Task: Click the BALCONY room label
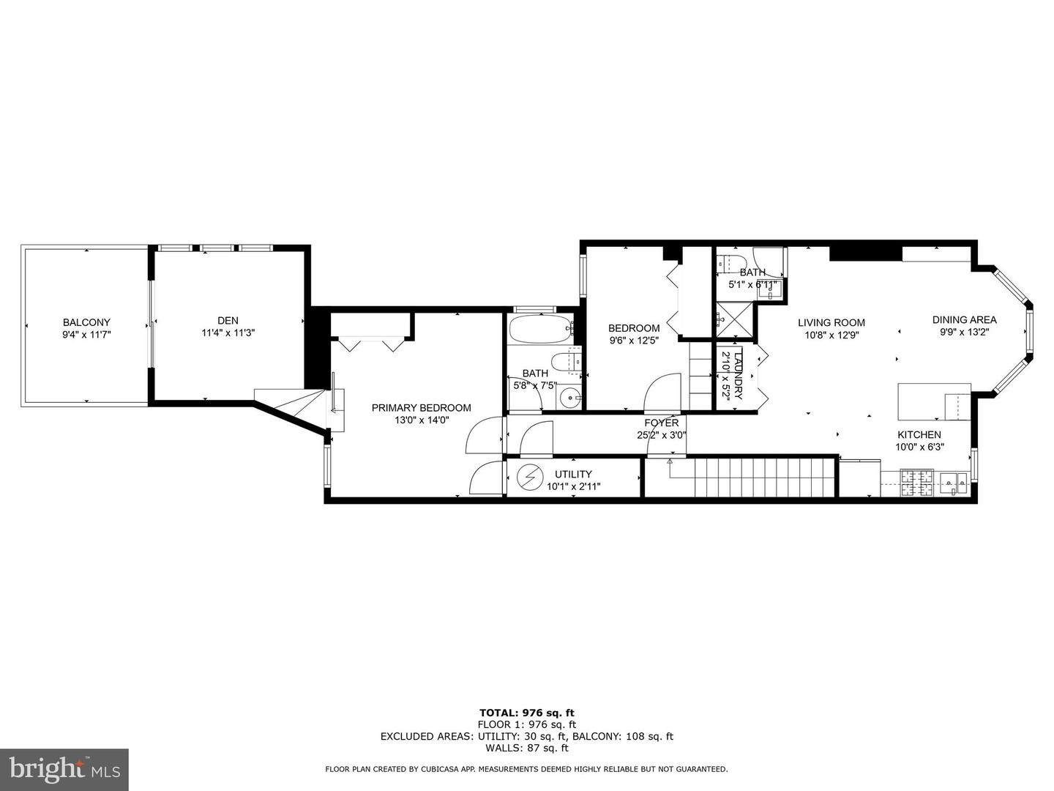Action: (86, 322)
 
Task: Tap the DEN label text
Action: (228, 320)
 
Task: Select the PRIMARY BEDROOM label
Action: (421, 408)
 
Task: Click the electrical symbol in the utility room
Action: (527, 478)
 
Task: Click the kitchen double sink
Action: (954, 481)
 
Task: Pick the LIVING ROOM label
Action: (831, 322)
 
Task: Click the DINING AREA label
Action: (964, 319)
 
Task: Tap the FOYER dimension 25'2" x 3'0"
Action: (661, 435)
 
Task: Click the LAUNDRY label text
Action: (738, 374)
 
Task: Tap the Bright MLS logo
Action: (64, 769)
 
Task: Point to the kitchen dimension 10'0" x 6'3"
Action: (919, 447)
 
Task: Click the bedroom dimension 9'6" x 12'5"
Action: (634, 341)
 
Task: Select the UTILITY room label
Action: (573, 474)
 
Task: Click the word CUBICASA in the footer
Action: (471, 769)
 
